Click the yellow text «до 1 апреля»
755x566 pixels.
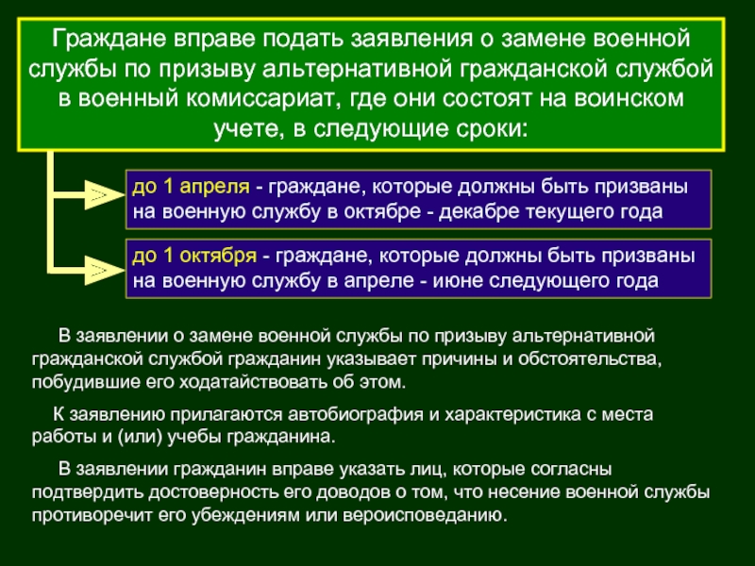191,187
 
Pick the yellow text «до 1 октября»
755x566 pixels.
194,256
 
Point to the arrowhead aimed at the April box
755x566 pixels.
104,195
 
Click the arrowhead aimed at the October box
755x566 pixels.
104,270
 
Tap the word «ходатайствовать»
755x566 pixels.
253,382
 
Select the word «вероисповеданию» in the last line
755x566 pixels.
425,515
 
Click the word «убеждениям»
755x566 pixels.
244,515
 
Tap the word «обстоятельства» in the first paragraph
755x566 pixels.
589,359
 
